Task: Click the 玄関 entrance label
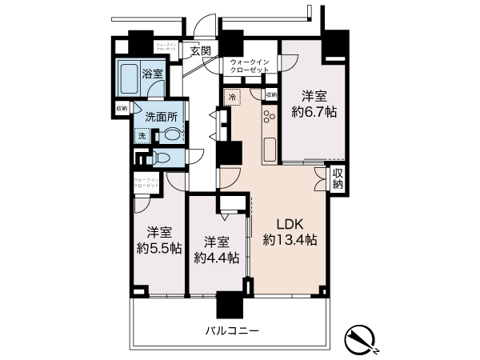point(200,51)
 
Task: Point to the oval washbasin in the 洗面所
point(172,134)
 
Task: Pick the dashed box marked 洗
point(142,137)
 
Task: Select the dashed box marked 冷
point(232,98)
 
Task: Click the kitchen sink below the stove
point(269,148)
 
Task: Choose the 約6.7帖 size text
point(313,112)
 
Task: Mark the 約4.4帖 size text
point(216,258)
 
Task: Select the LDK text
point(289,223)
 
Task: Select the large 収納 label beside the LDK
point(338,179)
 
